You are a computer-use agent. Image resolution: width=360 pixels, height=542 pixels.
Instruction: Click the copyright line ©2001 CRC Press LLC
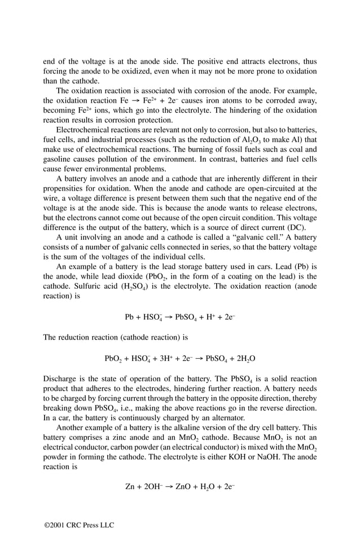click(79, 525)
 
